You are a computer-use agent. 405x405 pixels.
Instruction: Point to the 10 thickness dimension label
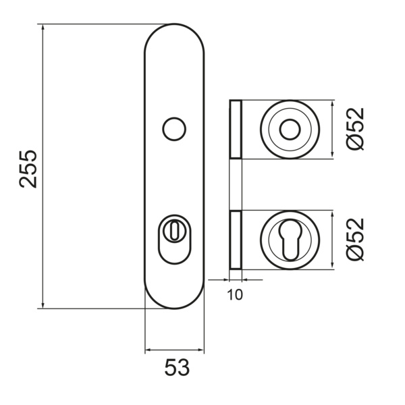[x=235, y=294]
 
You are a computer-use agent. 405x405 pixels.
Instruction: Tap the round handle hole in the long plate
[x=175, y=128]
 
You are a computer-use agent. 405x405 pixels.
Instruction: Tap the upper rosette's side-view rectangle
[x=235, y=130]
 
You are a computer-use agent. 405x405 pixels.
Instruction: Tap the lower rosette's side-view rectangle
[x=235, y=239]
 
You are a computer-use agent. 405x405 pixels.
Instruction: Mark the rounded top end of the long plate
[x=174, y=34]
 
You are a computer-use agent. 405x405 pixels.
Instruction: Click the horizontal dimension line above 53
[x=174, y=351]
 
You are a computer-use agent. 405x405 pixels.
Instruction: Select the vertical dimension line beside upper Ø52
[x=333, y=130]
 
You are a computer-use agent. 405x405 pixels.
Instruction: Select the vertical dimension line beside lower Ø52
[x=333, y=239]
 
